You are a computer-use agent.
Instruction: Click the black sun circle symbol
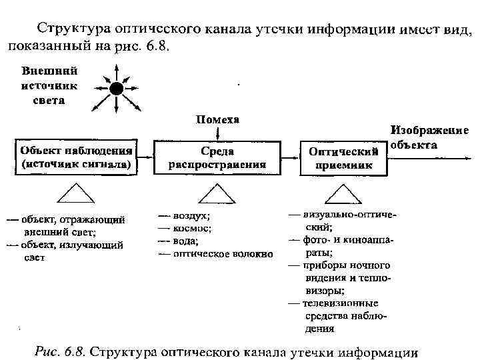(117, 89)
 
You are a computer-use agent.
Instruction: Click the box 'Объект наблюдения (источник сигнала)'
(77, 157)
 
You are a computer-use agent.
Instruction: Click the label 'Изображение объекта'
(429, 137)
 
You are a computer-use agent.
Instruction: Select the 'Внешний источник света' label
(49, 85)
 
